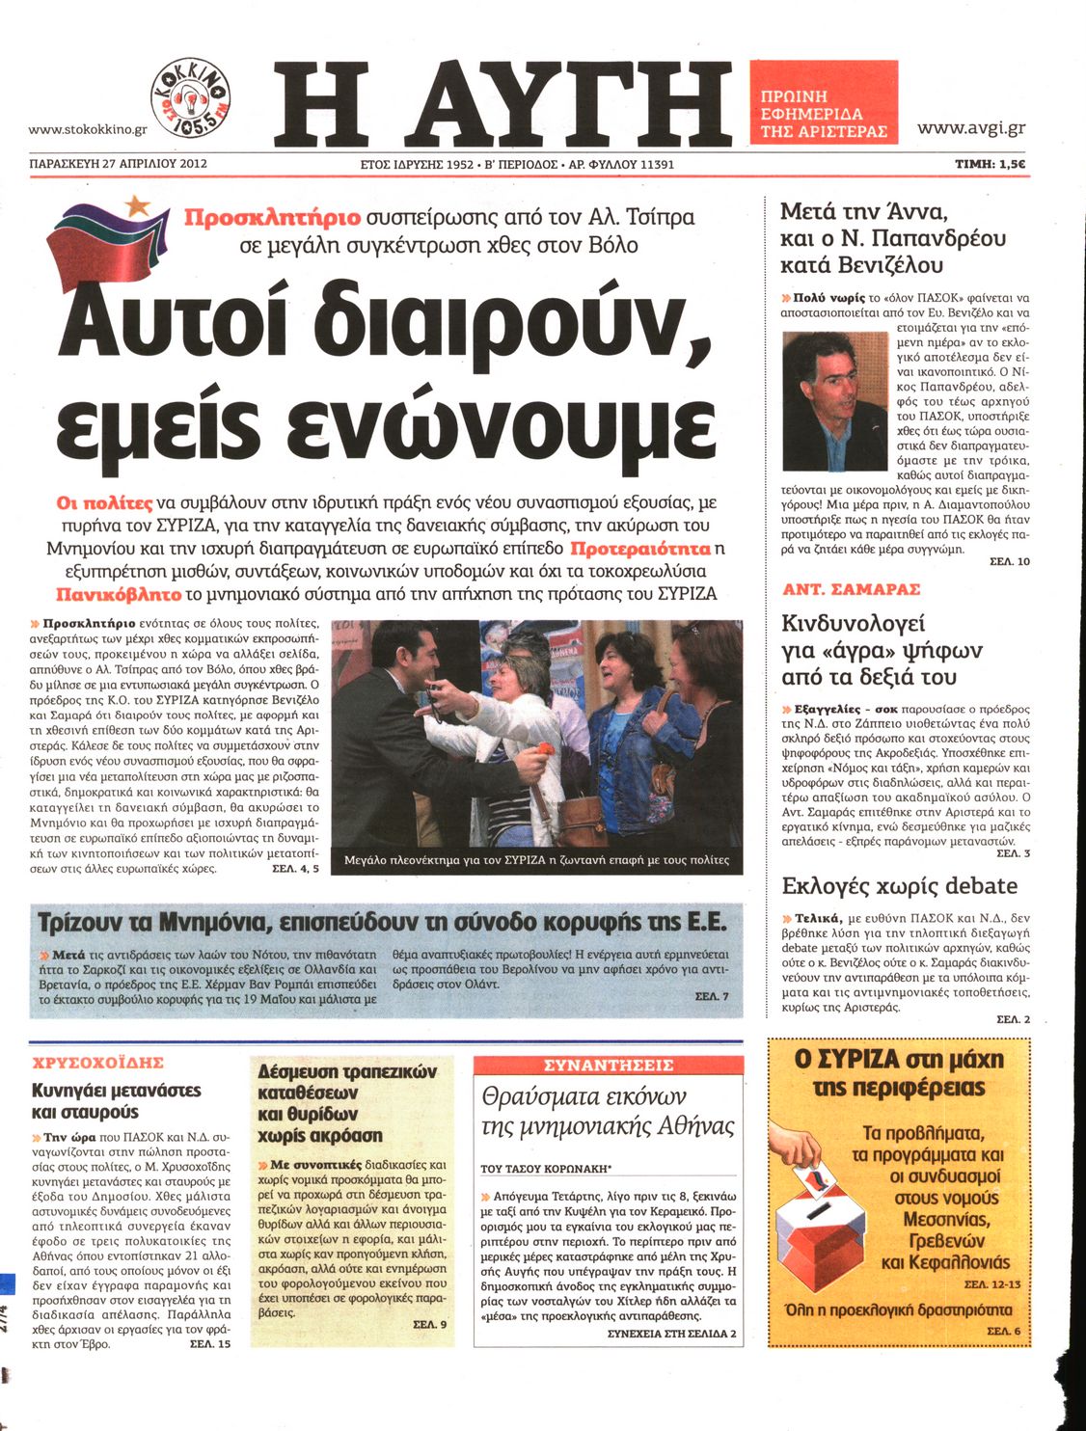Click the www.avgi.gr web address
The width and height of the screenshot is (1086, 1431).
coord(971,127)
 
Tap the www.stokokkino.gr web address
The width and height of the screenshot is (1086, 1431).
coord(88,129)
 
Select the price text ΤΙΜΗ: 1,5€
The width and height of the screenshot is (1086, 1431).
coord(990,164)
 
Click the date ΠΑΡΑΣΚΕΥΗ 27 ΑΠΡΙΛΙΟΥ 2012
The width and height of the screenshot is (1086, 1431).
coord(119,164)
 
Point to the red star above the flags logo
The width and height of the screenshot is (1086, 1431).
coord(139,203)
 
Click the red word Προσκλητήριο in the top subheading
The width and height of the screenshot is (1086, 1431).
coord(273,217)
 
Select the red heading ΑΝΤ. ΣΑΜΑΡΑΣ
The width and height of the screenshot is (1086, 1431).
coord(852,589)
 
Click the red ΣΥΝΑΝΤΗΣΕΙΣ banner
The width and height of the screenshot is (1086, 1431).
coord(609,1066)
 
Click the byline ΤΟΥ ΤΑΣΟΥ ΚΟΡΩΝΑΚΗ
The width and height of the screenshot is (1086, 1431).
coord(546,1169)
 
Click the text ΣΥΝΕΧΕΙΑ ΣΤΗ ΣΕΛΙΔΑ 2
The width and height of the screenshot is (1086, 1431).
coord(672,1334)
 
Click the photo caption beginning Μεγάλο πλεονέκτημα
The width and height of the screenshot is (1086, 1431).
coord(536,860)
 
